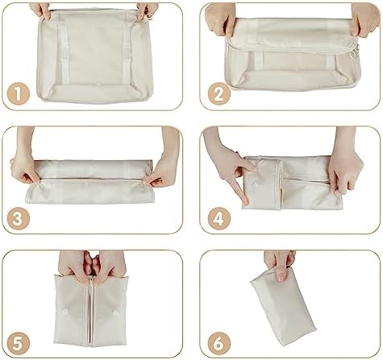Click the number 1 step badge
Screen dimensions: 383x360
coord(18,94)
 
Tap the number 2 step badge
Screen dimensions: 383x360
coord(219,94)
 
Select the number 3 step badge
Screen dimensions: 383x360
coord(18,219)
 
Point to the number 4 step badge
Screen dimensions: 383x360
coord(219,219)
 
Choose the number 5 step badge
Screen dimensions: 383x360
coord(18,344)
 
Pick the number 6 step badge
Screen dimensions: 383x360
coord(219,344)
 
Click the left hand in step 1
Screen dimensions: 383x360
coord(40,10)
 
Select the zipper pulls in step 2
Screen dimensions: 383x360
coord(353,51)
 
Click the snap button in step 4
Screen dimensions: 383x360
coord(254,184)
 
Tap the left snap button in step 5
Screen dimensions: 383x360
coord(65,312)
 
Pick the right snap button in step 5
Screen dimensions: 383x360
coord(116,312)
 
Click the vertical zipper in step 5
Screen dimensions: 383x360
coord(91,312)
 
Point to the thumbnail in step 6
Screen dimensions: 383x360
coord(281,275)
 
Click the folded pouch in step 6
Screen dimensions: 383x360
coord(283,306)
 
